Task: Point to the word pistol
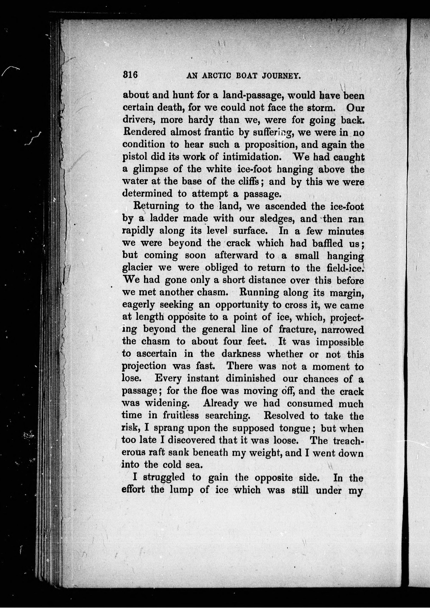pos(134,157)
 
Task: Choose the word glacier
pos(137,268)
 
